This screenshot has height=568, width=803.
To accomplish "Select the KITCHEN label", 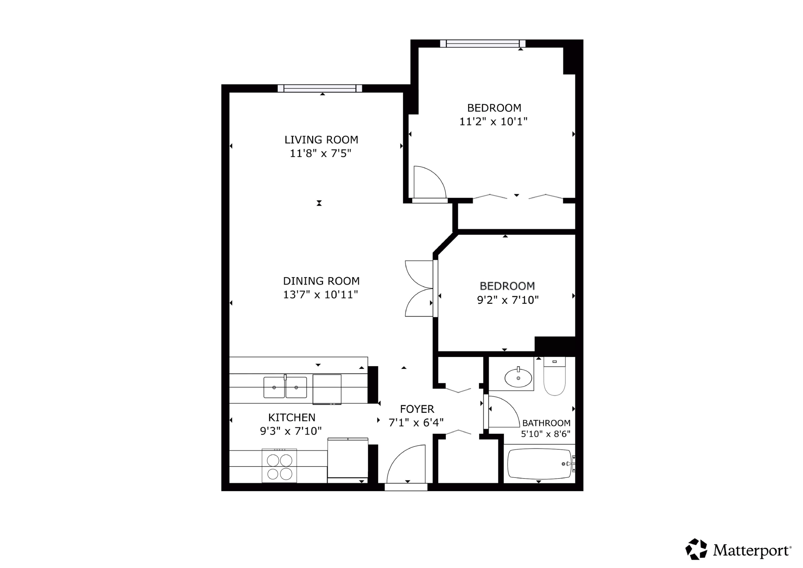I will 292,417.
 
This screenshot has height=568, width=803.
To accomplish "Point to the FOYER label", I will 417,409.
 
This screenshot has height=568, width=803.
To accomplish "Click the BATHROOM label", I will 546,423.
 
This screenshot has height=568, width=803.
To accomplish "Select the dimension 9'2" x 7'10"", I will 508,300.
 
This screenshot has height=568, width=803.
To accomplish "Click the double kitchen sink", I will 285,387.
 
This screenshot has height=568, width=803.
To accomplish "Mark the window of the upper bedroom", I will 483,44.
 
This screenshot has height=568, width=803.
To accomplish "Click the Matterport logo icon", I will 696,550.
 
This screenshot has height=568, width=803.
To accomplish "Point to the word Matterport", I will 752,551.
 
